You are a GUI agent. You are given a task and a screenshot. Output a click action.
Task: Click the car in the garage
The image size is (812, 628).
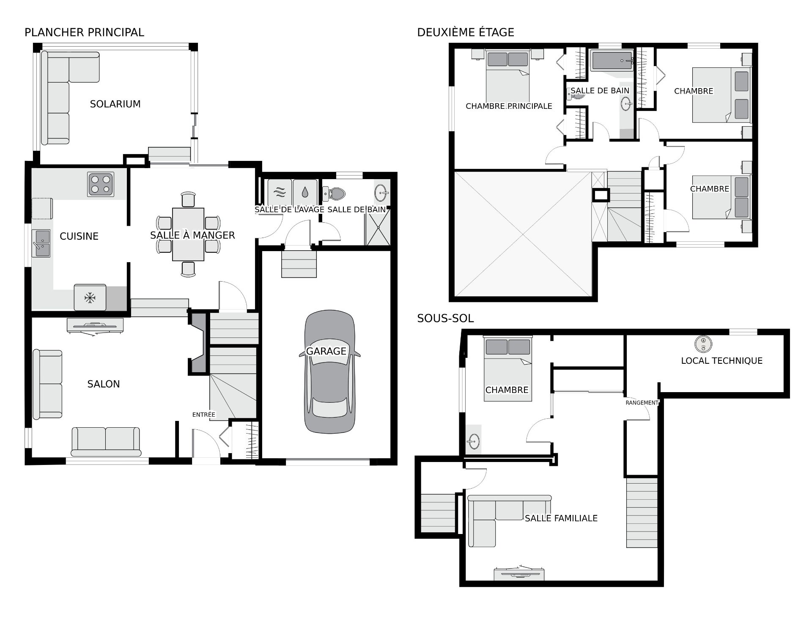[329, 372]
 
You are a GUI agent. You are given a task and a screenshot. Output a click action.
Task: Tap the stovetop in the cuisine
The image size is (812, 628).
[101, 184]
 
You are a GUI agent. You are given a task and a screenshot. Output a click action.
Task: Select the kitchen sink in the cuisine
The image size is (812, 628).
[41, 243]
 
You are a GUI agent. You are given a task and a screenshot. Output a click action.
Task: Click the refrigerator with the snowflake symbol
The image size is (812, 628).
[90, 297]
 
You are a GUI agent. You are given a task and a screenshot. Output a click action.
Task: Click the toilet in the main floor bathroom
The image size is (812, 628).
[334, 194]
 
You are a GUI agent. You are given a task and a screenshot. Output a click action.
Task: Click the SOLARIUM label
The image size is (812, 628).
[115, 104]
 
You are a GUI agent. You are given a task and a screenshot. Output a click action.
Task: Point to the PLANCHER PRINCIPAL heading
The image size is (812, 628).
[84, 32]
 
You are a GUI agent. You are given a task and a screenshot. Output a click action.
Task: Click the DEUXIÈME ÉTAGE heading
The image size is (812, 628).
[466, 32]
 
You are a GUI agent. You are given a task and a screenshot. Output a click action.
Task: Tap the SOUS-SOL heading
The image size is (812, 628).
[445, 318]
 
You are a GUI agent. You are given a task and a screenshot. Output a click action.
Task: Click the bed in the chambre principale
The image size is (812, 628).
[508, 75]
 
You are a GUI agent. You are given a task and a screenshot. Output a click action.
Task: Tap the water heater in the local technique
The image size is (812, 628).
[703, 344]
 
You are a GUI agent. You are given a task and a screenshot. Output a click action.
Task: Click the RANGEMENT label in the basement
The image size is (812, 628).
[642, 403]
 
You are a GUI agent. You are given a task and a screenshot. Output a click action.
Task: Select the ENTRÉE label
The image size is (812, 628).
[204, 415]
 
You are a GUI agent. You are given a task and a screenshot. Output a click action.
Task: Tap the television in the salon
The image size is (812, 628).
[95, 326]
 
